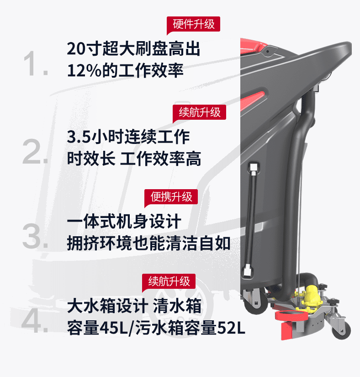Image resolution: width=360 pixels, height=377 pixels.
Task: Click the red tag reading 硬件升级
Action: [193, 24]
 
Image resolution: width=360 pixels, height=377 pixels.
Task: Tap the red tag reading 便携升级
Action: [171, 196]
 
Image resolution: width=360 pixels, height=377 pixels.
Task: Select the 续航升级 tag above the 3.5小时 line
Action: [200, 112]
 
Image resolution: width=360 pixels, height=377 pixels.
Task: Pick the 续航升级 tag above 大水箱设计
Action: [169, 281]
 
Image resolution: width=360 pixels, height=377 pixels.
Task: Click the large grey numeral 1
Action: [36, 64]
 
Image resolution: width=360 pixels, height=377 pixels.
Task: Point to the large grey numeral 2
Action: [35, 151]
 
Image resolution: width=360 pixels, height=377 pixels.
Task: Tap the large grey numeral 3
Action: [35, 236]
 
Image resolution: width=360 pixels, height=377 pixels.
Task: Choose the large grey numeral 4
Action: [35, 321]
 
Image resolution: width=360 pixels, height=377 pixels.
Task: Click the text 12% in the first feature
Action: [84, 71]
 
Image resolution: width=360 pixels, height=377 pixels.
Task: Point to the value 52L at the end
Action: [231, 328]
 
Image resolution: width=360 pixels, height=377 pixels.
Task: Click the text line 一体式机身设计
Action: [124, 221]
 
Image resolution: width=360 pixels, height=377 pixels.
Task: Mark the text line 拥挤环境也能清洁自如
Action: [149, 243]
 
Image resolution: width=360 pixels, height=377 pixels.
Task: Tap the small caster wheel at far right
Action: [341, 329]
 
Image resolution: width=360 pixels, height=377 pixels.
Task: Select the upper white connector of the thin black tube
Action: [254, 167]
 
